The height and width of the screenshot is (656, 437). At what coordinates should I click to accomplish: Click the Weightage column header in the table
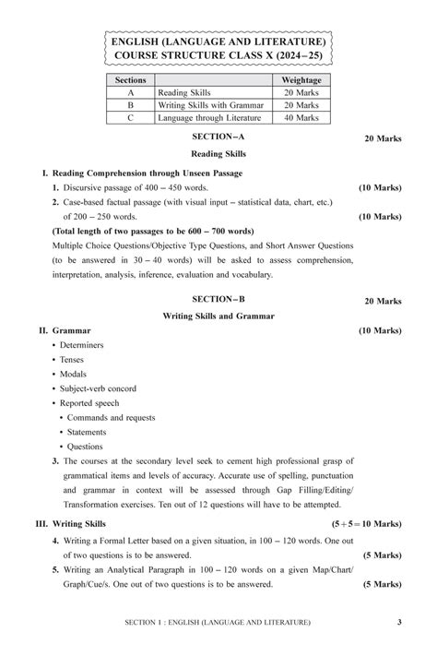301,80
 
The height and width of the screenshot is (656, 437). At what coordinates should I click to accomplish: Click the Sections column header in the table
130,80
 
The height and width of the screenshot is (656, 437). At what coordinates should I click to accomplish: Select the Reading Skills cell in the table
184,93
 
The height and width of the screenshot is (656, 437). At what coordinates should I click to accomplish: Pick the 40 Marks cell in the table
301,118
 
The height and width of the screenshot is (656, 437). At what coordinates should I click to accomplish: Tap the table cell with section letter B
130,105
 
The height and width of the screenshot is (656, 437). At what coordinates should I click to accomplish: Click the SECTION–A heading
218,137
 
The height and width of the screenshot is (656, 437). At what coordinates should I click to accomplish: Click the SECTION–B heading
218,300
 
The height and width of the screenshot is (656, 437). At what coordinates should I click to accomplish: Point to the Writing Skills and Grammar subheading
218,316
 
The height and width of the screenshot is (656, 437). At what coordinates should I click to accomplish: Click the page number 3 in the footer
399,623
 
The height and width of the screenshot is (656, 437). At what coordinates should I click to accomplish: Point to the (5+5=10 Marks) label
367,523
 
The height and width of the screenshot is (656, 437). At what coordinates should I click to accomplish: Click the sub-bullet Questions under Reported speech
86,447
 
